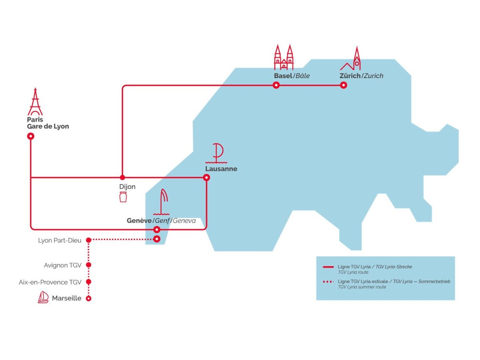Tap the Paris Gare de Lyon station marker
[30, 136]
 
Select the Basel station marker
[276, 85]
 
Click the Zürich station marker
[343, 85]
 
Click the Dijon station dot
[122, 177]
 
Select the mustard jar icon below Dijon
[123, 197]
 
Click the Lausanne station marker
[206, 177]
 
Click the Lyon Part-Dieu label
[60, 240]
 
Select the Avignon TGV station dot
[89, 265]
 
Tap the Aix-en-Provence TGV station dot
[89, 282]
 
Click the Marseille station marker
[89, 298]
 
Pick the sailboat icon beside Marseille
[43, 298]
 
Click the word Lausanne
[221, 169]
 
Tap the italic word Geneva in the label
[184, 221]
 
